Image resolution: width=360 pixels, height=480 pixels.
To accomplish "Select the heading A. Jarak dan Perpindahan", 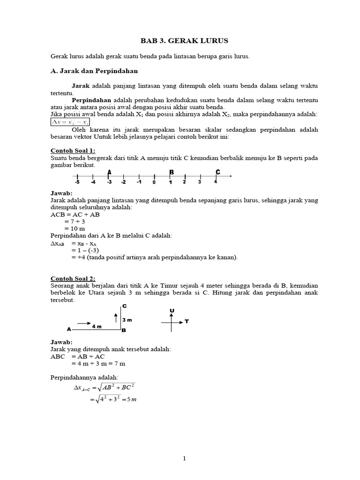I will [94, 71].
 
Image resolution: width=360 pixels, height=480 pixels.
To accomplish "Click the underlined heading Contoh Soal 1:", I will [73, 151].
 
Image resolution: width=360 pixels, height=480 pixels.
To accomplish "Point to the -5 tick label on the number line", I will [76, 182].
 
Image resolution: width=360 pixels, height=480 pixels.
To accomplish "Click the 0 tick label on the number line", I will [154, 182].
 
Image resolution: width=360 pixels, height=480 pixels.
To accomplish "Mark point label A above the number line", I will [109, 172].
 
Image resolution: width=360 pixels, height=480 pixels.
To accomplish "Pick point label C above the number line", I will [218, 172].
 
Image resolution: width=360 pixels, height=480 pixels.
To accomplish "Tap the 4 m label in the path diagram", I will [97, 327].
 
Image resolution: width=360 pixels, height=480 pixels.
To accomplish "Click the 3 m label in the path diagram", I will [127, 320].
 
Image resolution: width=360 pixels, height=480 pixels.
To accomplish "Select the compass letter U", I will [172, 311].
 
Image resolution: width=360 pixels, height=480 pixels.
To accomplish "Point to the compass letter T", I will [187, 322].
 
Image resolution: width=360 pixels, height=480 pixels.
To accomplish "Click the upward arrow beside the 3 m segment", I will [115, 318].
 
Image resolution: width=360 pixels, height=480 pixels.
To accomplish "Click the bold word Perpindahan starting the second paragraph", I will [91, 100].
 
